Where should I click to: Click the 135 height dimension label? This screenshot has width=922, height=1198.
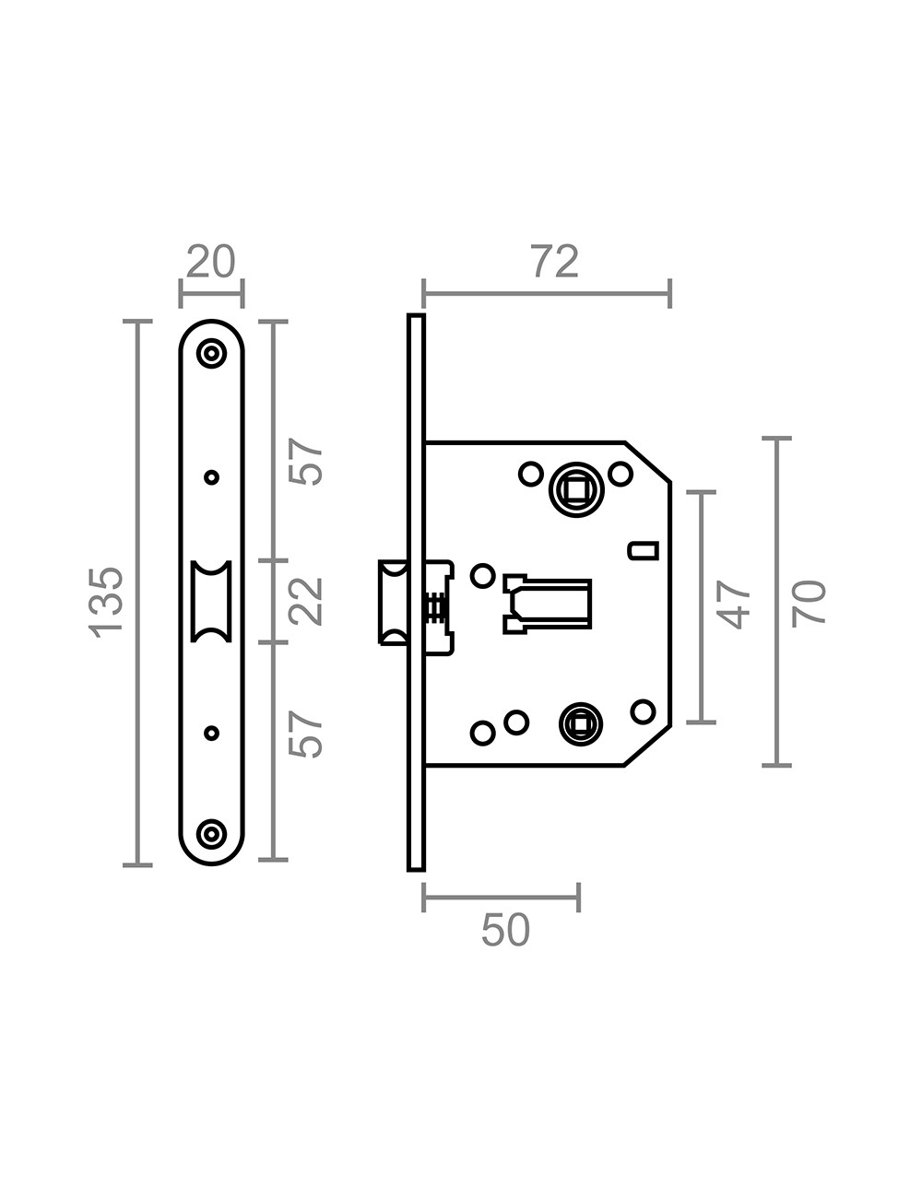click(107, 600)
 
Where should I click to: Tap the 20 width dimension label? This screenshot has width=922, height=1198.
click(211, 263)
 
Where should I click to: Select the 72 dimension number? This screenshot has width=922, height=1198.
click(554, 263)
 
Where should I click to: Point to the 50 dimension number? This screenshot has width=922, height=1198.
click(505, 931)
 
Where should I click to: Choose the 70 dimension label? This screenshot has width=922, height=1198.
click(809, 604)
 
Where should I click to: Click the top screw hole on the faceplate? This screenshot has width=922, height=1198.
click(212, 353)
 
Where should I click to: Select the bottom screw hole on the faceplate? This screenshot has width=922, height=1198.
click(212, 834)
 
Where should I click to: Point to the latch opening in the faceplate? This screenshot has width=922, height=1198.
click(211, 600)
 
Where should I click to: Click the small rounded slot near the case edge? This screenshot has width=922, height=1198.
click(643, 551)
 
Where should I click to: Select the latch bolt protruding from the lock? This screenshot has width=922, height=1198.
click(393, 602)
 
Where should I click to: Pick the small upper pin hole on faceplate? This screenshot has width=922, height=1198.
click(211, 477)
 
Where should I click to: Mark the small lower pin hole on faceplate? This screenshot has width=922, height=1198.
click(211, 733)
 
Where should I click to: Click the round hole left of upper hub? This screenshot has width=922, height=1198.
click(530, 474)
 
